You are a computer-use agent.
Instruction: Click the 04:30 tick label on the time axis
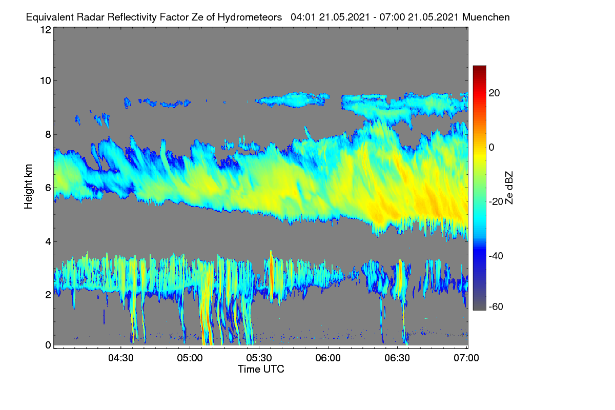click(x=121, y=358)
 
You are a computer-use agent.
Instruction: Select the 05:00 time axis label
click(x=190, y=358)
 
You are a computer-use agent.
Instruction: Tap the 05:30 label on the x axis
click(x=259, y=358)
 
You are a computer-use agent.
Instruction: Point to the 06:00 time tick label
click(x=328, y=358)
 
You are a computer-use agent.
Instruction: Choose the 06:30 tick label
click(x=397, y=358)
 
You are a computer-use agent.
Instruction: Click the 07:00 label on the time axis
click(x=466, y=358)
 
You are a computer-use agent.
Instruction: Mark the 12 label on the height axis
click(x=46, y=30)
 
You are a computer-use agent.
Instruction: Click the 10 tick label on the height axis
click(x=46, y=81)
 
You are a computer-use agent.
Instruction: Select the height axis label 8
click(x=48, y=135)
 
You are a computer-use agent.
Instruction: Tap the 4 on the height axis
click(x=48, y=242)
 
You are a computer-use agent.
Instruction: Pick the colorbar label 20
click(x=494, y=93)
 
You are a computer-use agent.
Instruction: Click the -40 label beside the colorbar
click(x=496, y=256)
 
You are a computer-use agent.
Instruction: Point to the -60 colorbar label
click(x=496, y=307)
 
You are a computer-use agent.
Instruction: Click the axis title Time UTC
click(x=261, y=369)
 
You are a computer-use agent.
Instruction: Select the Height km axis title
click(x=28, y=187)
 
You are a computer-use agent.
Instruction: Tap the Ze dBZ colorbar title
click(x=509, y=188)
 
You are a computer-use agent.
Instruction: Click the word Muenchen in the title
click(x=486, y=17)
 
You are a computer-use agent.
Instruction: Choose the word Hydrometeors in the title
click(x=250, y=17)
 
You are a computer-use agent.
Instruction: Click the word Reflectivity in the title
click(x=132, y=17)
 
